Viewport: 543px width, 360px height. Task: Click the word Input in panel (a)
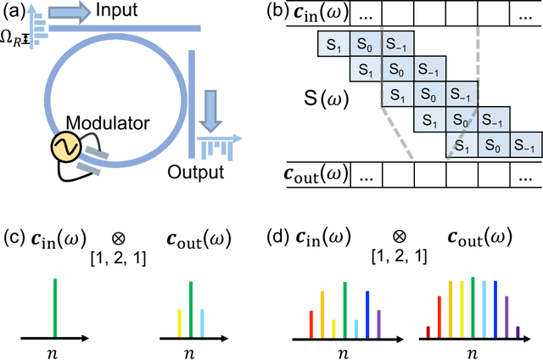click(120, 12)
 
